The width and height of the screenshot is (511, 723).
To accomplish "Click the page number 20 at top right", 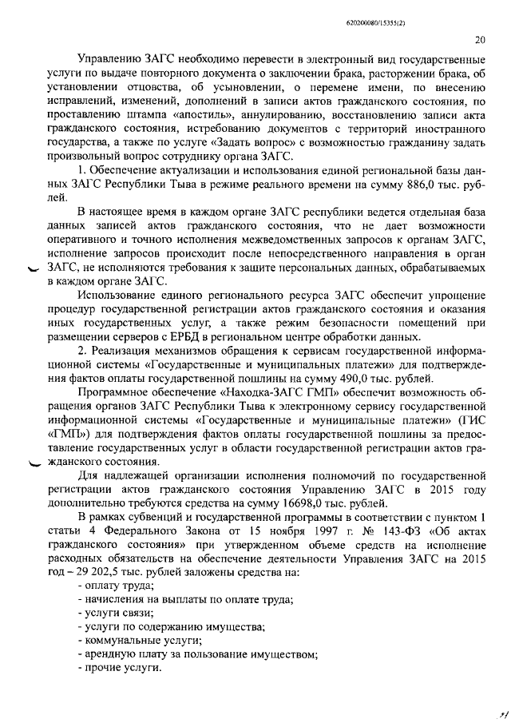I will coord(479,40).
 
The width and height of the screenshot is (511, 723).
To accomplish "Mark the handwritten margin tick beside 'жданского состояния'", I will coord(34,466).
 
